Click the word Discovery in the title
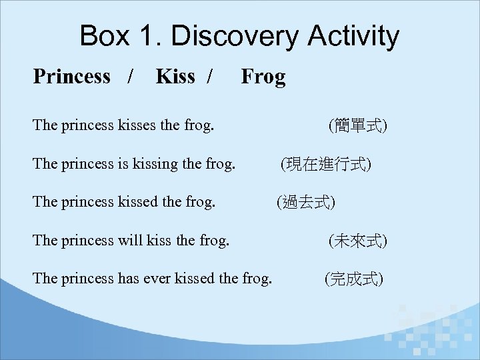point(238,36)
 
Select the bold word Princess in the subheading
point(71,77)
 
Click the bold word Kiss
point(175,77)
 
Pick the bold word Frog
point(263,77)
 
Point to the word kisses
point(137,124)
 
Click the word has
point(127,278)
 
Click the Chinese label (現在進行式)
point(326,163)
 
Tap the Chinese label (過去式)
point(307,202)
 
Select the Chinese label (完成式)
point(353,279)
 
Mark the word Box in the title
point(105,36)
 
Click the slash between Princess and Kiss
point(131,77)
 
